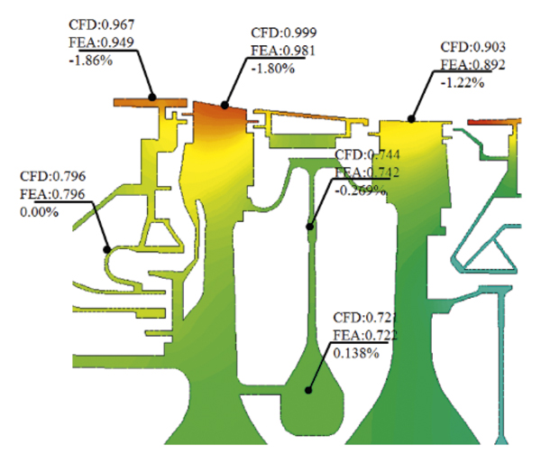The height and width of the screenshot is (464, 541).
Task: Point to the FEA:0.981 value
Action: point(284,51)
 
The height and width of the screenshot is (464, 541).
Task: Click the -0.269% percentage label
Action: point(361,190)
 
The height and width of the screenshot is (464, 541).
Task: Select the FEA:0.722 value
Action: point(365,335)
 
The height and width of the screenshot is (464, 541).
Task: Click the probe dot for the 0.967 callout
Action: point(153,96)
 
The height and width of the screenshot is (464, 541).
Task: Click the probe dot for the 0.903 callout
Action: point(411,117)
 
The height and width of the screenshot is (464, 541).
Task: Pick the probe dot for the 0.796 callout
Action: point(108,247)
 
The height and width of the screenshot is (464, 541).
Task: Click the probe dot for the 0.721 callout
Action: point(307,391)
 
